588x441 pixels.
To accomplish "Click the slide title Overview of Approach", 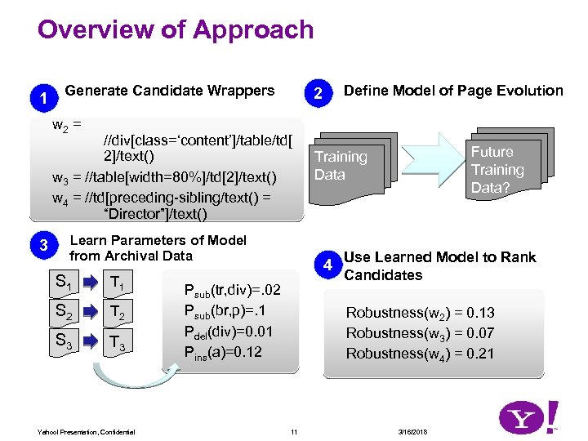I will pyautogui.click(x=176, y=30).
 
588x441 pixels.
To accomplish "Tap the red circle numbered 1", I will pyautogui.click(x=43, y=99).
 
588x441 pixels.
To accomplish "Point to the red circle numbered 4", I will pyautogui.click(x=327, y=265).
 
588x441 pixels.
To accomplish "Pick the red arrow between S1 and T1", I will pyautogui.click(x=90, y=283).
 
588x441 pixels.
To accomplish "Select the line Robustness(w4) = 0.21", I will pyautogui.click(x=420, y=354).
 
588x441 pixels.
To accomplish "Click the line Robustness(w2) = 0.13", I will pyautogui.click(x=420, y=313).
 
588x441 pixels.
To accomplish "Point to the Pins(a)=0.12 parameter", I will pyautogui.click(x=223, y=352).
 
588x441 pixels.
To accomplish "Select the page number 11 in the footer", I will pyautogui.click(x=294, y=431).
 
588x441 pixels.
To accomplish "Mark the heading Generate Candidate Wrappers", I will pyautogui.click(x=170, y=90).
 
